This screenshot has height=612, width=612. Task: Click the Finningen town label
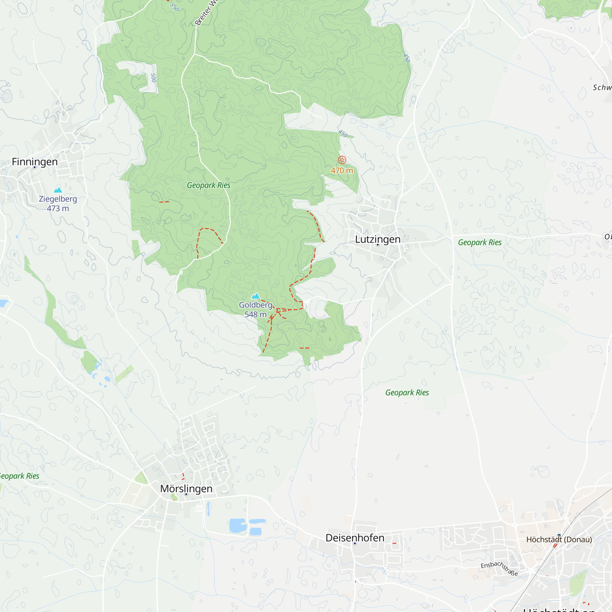click(35, 162)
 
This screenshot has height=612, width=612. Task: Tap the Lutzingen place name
click(378, 239)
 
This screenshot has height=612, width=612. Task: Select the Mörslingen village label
click(186, 488)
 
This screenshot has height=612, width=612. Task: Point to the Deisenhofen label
click(355, 538)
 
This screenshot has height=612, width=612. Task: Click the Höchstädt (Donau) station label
click(559, 539)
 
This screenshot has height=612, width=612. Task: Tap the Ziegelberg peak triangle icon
click(58, 190)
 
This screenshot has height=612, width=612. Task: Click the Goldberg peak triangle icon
click(256, 296)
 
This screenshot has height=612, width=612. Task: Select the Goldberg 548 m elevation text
click(256, 314)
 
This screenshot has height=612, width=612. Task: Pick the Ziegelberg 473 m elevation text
click(58, 208)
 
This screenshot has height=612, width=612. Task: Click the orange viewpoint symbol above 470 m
click(342, 160)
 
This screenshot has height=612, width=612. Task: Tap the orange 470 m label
click(342, 171)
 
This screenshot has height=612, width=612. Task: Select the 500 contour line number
click(154, 78)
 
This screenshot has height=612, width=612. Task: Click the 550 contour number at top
click(174, 7)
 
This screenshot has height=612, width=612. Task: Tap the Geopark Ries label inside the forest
click(208, 185)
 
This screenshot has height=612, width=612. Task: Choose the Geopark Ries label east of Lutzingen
click(480, 242)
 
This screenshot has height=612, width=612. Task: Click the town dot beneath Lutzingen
click(378, 245)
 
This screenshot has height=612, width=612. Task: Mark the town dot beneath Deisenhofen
click(355, 543)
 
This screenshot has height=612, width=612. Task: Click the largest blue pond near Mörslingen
click(238, 525)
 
